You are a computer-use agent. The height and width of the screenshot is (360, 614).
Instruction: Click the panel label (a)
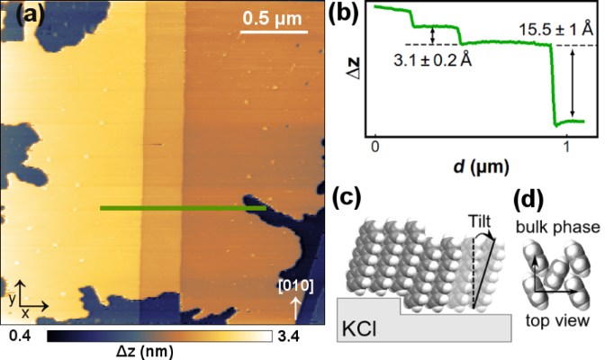click(20, 15)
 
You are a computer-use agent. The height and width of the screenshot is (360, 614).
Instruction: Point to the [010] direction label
click(295, 286)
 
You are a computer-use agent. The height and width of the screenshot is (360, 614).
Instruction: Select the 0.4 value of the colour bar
click(22, 337)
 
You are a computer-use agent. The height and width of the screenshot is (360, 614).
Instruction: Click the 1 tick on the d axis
click(565, 146)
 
